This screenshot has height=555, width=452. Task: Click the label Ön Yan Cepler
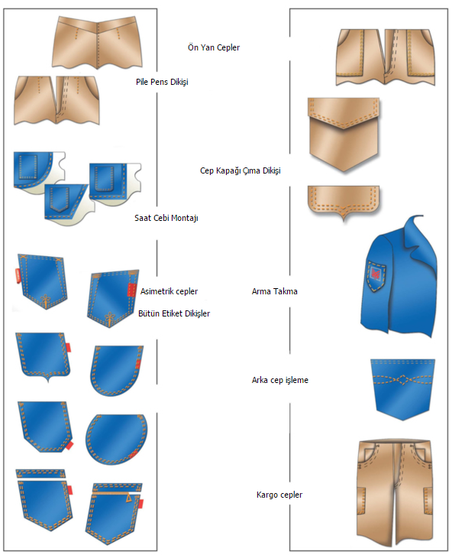click(214, 47)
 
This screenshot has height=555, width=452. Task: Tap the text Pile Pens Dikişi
click(162, 82)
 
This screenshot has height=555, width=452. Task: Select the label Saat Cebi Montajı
click(166, 218)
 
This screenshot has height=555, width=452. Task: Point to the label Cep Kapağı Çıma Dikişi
click(241, 170)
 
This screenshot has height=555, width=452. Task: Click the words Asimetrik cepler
click(169, 291)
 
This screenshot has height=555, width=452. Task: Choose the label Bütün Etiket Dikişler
click(174, 313)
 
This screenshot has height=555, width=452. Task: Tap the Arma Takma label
click(275, 291)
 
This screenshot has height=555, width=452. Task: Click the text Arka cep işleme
click(280, 380)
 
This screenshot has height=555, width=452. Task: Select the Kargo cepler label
click(279, 495)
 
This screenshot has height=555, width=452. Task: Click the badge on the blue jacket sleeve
click(376, 275)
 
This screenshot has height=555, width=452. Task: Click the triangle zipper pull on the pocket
click(129, 498)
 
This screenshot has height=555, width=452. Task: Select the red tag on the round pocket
click(134, 455)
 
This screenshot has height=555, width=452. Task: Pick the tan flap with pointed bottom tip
click(343, 201)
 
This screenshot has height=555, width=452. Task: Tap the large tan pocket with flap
click(344, 135)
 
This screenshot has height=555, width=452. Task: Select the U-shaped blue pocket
click(117, 371)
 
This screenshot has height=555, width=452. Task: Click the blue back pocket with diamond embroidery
click(402, 389)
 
